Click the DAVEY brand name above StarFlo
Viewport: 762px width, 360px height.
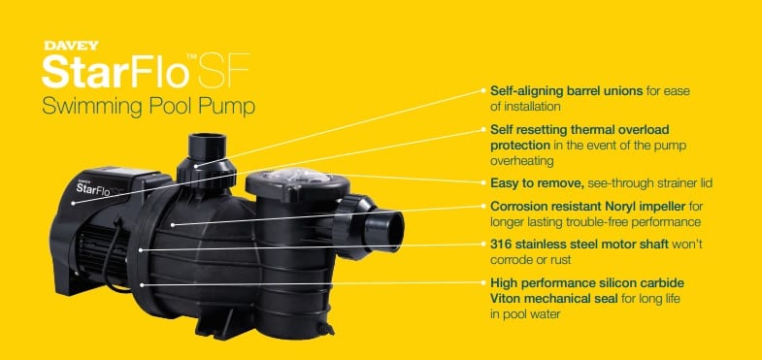pos(71,47)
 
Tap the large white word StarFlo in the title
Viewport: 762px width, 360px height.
pos(116,72)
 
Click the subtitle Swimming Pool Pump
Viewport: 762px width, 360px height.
pos(149,107)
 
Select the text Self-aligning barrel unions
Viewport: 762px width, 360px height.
pos(567,91)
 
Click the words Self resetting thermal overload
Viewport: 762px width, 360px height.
pos(580,130)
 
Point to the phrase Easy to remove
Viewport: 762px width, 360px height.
pos(537,183)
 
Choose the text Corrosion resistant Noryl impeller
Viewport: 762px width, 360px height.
pos(587,207)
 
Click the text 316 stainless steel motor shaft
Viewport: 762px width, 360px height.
pos(580,245)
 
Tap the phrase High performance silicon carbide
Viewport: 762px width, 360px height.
pos(587,282)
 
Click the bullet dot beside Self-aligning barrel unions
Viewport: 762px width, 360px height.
pos(483,90)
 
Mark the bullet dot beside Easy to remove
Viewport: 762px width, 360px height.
pos(483,183)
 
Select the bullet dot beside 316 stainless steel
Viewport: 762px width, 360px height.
pos(483,245)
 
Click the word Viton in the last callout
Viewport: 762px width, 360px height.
pos(505,298)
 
